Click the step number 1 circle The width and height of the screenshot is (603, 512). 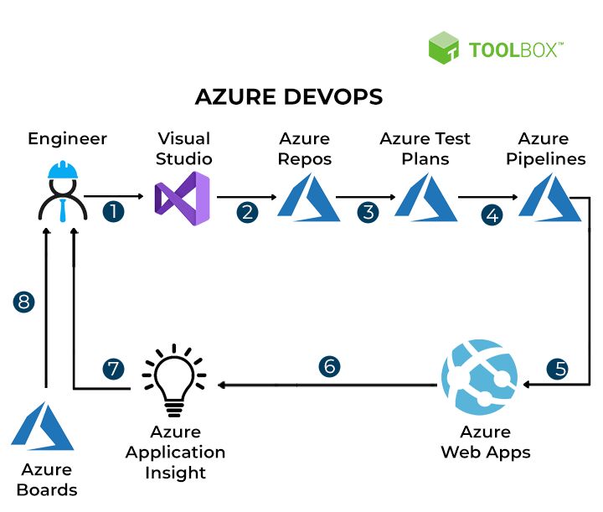tap(113, 211)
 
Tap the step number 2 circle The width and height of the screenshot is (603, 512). tap(247, 212)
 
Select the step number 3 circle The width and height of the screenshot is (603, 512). tap(368, 212)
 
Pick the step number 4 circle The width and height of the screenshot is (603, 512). tap(492, 215)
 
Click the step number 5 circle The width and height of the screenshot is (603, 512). tap(557, 368)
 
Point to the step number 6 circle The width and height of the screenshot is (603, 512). tap(330, 366)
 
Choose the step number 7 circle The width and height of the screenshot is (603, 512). tap(113, 369)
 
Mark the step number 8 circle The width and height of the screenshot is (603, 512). tap(24, 302)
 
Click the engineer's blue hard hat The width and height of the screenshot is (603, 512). tap(62, 170)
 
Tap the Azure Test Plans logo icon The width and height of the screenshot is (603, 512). tap(426, 199)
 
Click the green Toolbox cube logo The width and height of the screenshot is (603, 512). tap(444, 48)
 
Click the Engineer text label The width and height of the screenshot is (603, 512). tap(68, 138)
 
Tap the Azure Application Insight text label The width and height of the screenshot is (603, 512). tap(176, 452)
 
